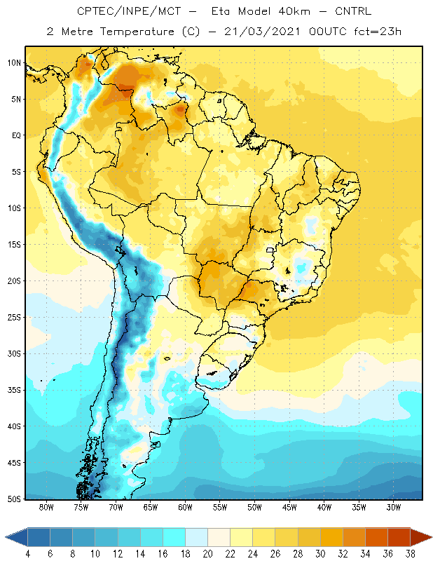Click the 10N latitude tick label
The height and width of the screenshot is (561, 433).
[14, 63]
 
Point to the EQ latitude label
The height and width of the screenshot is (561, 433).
[16, 135]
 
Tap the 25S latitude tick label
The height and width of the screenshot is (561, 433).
[14, 318]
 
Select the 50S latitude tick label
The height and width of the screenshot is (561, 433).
[14, 499]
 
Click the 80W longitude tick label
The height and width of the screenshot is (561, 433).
[46, 507]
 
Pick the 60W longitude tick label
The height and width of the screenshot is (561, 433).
[185, 507]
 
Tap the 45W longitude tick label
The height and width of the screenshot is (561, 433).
[289, 507]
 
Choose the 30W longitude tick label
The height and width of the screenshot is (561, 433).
[394, 507]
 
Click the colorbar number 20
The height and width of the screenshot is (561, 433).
[208, 554]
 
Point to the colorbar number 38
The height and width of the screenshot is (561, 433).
[410, 554]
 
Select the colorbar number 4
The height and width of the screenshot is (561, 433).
[28, 554]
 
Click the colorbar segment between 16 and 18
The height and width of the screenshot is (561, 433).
[174, 537]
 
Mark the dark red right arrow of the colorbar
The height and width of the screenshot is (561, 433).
[421, 537]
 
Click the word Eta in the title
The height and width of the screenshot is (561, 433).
[220, 11]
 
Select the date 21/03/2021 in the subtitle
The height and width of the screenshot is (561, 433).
[262, 32]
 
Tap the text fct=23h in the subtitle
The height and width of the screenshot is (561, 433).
[378, 32]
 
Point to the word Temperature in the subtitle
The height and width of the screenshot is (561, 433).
[137, 32]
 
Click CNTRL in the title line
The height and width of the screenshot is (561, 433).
[353, 11]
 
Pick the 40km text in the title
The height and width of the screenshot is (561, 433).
[294, 11]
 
